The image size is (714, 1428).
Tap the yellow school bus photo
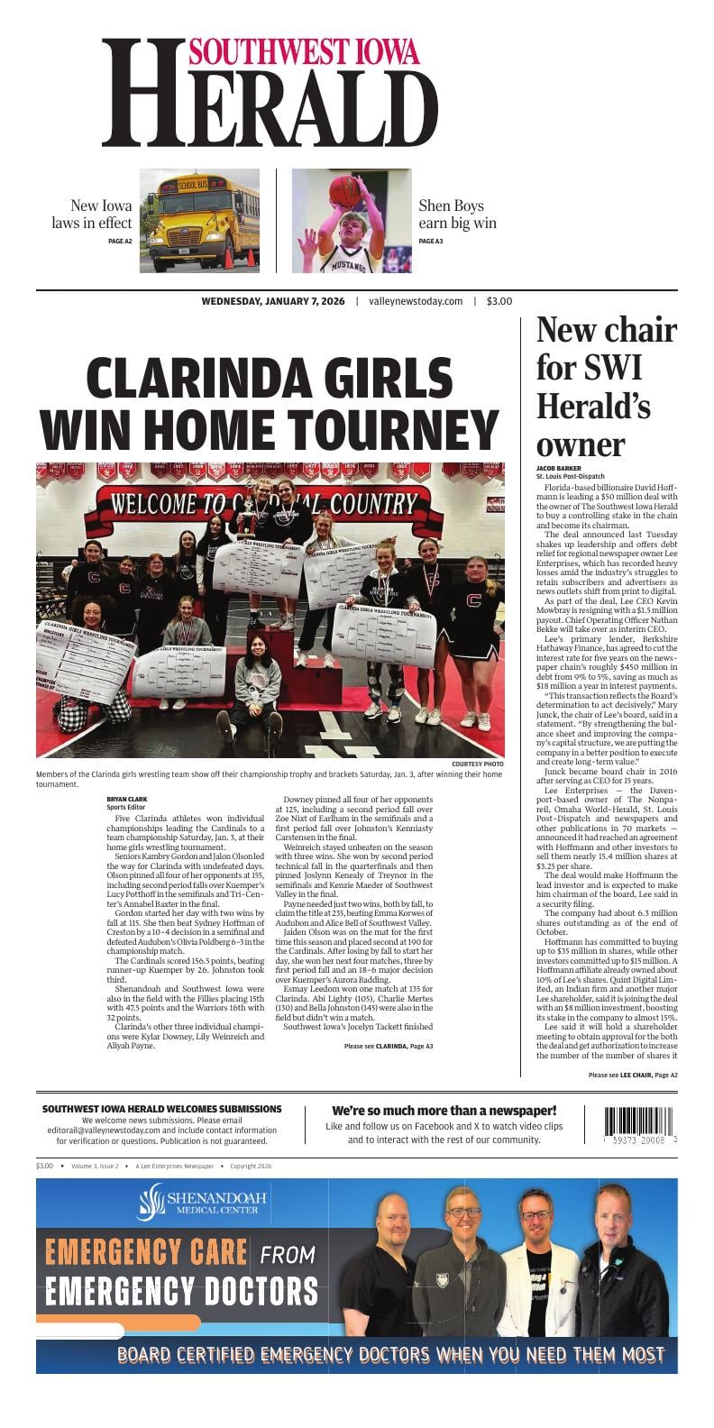click(199, 221)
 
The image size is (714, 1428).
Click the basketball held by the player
click(343, 191)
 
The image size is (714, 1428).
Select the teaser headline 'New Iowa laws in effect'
click(91, 215)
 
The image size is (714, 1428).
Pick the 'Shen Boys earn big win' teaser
click(457, 215)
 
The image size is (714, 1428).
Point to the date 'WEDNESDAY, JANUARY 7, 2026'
click(273, 301)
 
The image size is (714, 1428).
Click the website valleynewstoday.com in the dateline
click(416, 301)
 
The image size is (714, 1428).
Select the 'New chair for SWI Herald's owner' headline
click(606, 387)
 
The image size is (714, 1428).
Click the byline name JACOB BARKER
click(560, 468)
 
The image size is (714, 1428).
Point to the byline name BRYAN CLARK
click(127, 799)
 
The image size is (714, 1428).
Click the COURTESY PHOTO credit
click(478, 764)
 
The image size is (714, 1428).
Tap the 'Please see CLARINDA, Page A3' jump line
click(388, 1046)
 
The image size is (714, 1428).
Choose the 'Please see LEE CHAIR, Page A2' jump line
click(632, 1075)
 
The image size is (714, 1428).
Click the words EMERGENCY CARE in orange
click(146, 1252)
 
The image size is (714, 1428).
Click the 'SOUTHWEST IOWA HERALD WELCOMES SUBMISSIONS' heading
click(161, 1109)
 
